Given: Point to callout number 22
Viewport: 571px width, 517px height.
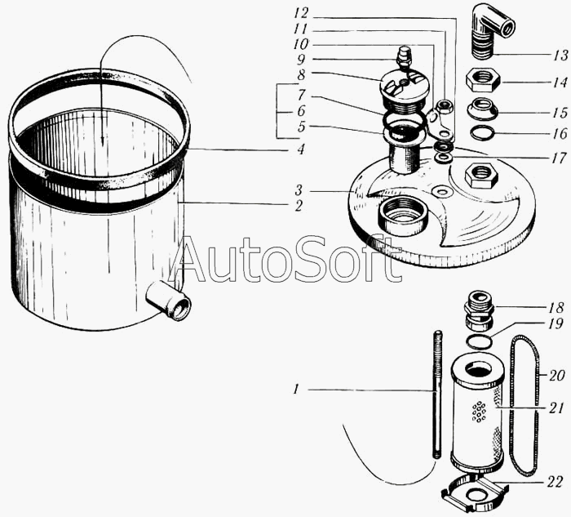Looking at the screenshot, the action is point(556,482).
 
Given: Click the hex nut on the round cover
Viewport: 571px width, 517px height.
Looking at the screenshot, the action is point(481,176).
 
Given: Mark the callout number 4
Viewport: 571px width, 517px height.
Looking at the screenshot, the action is point(300,149).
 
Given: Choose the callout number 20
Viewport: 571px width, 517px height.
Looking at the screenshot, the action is point(556,376).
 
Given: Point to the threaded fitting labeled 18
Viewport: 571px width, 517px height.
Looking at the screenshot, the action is point(479,310).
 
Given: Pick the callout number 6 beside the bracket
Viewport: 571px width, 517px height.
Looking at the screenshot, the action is point(300,111).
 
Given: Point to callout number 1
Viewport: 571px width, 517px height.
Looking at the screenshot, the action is point(296,390).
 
